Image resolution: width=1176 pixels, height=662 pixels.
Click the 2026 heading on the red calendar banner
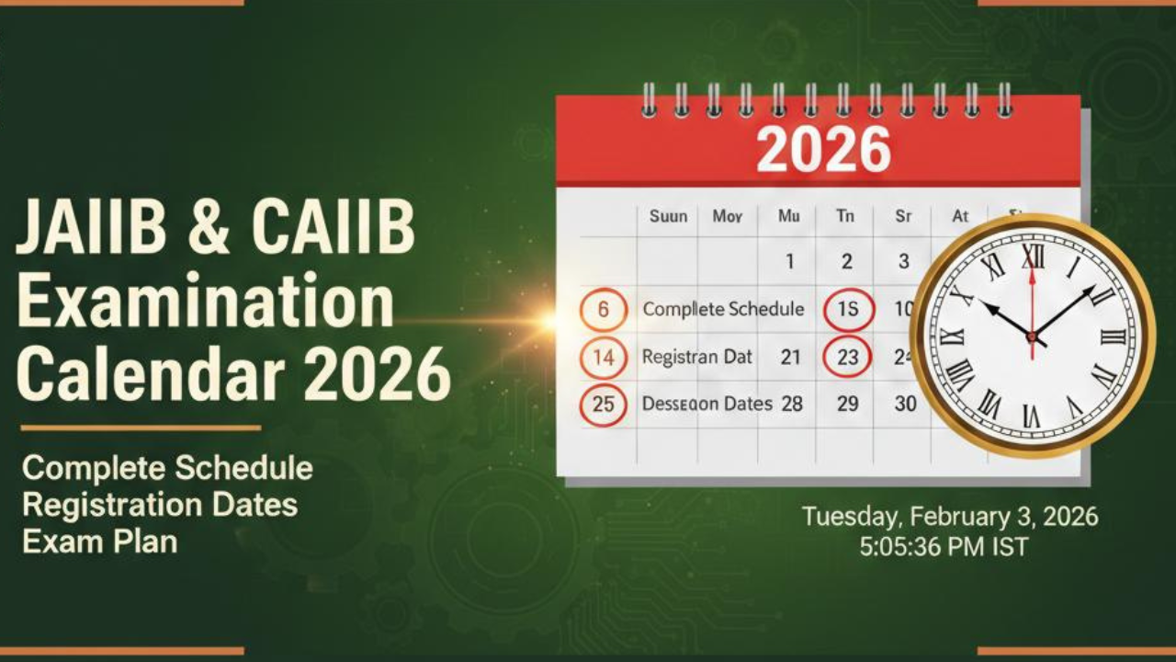click(823, 149)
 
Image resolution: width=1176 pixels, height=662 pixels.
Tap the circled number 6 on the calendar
click(603, 310)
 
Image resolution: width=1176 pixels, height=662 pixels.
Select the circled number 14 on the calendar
click(603, 358)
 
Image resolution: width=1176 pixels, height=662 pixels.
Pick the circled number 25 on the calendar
click(603, 405)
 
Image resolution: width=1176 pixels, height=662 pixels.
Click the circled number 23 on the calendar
click(847, 358)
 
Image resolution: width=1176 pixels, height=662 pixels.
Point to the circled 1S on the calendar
click(847, 310)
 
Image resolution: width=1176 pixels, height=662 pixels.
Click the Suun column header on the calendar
click(668, 217)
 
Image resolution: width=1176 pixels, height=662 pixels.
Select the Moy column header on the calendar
click(728, 217)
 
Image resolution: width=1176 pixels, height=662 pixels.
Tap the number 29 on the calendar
click(847, 404)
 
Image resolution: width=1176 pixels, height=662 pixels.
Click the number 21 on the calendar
click(790, 358)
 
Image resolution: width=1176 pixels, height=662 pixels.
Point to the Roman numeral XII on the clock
click(1033, 257)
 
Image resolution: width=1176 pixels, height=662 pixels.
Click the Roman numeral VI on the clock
click(1031, 417)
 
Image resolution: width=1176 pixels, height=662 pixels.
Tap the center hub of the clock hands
click(1032, 337)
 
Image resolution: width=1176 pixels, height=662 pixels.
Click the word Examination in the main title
click(205, 302)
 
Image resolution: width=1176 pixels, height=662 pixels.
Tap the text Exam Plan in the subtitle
click(99, 542)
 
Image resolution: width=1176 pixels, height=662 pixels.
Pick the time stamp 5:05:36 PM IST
click(944, 547)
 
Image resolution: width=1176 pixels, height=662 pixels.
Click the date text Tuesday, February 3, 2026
click(949, 516)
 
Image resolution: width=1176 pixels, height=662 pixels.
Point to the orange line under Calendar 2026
click(140, 428)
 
